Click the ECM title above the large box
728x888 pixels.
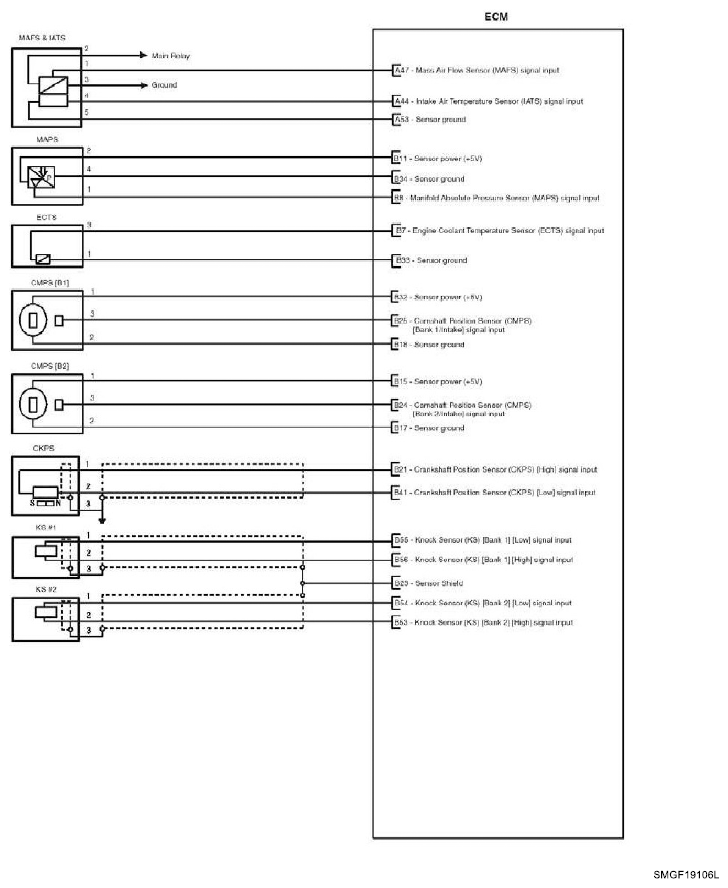click(x=497, y=17)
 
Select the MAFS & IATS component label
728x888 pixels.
click(x=42, y=38)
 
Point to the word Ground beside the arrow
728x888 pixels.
click(x=164, y=86)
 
